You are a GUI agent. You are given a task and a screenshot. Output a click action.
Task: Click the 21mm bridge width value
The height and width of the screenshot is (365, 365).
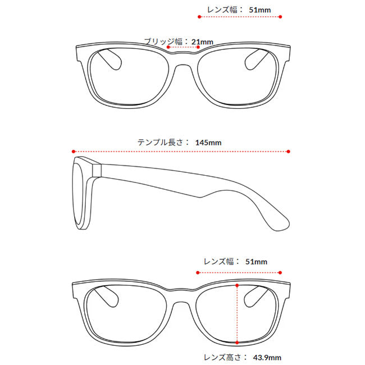(x=202, y=42)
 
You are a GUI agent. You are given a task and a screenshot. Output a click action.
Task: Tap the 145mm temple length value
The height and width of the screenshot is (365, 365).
(x=208, y=143)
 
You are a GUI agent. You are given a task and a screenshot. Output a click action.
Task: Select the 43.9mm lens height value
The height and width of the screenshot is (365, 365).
(x=267, y=357)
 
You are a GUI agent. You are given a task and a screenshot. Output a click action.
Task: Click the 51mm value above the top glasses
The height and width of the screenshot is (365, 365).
(x=260, y=10)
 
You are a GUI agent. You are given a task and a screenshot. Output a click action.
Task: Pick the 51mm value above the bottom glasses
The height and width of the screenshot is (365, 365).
(x=256, y=262)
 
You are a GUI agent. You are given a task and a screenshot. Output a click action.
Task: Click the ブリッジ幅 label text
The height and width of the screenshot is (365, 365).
(x=163, y=42)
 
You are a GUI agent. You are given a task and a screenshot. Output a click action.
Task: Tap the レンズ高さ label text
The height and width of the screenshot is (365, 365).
(x=222, y=357)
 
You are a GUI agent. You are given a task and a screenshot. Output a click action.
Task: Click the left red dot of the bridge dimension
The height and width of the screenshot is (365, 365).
(x=168, y=47)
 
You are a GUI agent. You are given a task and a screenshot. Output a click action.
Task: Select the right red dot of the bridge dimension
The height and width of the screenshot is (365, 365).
(x=198, y=47)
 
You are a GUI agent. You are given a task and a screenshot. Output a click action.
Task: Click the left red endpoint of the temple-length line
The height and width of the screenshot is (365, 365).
(x=74, y=152)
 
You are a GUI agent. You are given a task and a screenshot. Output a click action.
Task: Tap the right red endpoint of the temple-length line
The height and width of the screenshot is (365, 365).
(x=289, y=152)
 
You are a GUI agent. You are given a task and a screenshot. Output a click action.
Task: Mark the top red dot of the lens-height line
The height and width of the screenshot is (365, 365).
(x=237, y=285)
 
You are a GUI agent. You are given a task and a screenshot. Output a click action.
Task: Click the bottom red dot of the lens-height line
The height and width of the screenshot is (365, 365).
(x=237, y=343)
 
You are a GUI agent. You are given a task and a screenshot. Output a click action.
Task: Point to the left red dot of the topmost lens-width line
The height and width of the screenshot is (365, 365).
(x=199, y=17)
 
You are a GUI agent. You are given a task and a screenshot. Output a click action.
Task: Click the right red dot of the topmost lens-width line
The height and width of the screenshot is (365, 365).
(x=280, y=17)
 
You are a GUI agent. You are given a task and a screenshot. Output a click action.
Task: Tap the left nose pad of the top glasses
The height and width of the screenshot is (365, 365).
(x=110, y=60)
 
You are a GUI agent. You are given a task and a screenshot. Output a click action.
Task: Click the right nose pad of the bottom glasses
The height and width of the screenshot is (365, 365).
(x=255, y=296)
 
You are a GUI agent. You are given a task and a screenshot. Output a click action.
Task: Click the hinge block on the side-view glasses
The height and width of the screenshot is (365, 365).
(x=97, y=170)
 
